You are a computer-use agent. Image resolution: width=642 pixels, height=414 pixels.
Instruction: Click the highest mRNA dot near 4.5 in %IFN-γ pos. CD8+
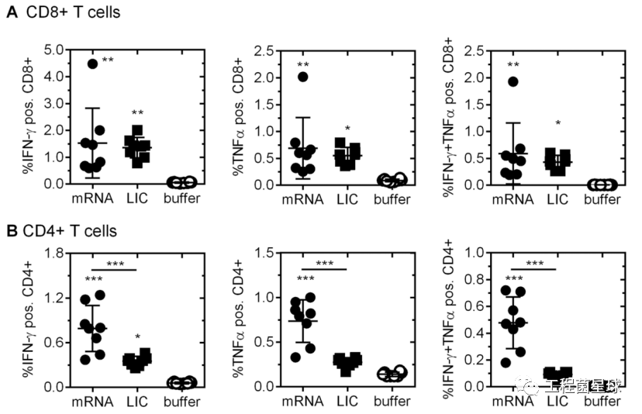click(x=92, y=64)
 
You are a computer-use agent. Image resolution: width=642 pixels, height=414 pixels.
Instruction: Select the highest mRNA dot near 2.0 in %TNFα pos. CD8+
click(x=303, y=76)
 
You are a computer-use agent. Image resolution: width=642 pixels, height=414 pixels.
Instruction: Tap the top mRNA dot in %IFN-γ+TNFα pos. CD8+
click(x=513, y=81)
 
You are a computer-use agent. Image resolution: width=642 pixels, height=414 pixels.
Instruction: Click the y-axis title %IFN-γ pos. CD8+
click(x=26, y=116)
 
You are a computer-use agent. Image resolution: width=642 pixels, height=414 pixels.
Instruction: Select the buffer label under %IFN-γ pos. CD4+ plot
click(x=181, y=402)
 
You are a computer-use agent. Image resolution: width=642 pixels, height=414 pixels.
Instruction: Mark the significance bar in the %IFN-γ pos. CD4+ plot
click(x=112, y=270)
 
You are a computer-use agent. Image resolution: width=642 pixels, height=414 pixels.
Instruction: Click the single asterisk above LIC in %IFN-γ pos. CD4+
click(x=138, y=337)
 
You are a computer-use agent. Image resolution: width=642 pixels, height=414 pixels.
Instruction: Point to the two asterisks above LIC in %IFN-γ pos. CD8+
click(x=138, y=114)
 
